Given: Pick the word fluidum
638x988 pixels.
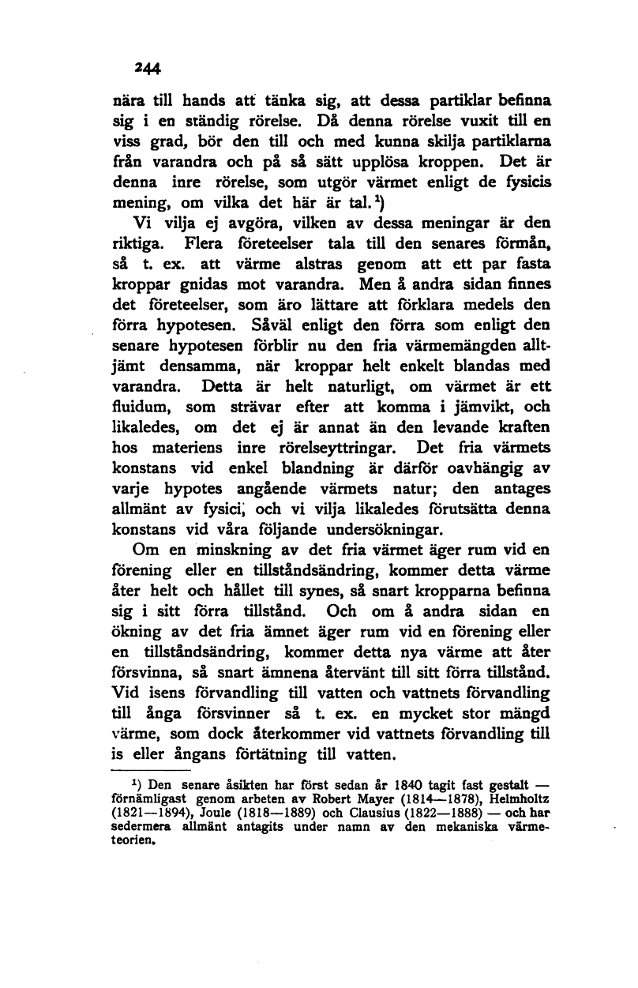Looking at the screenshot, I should click(141, 409).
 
